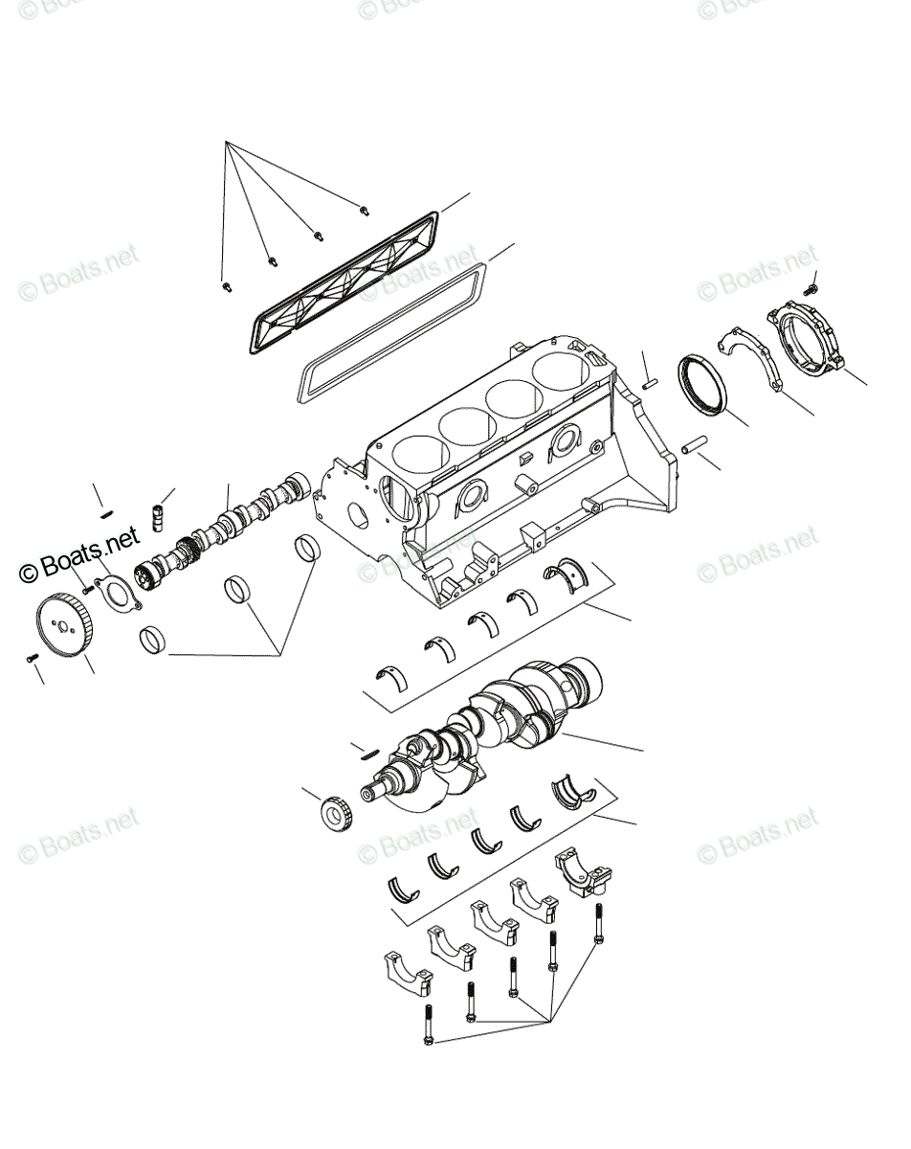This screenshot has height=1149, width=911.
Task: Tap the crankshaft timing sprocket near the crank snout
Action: pos(336,813)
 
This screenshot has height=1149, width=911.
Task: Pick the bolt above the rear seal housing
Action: pos(812,284)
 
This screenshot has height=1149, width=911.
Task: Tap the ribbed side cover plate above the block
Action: pos(344,282)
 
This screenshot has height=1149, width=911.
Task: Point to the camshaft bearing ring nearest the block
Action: pos(306,548)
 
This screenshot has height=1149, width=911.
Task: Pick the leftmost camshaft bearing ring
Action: pos(152,639)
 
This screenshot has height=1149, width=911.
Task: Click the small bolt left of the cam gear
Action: pos(31,658)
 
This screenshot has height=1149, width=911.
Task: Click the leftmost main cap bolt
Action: pos(428,1025)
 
